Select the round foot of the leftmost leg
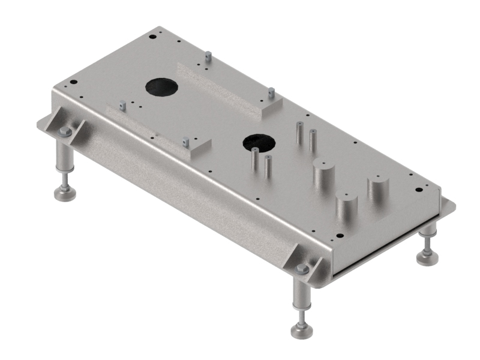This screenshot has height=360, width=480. (65, 193)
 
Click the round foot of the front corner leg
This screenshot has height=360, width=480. (301, 331)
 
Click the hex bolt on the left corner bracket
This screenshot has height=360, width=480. (65, 131)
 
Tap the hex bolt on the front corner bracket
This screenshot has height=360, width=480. (302, 269)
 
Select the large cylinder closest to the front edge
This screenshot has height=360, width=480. (346, 208)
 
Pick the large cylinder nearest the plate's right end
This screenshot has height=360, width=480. (379, 190)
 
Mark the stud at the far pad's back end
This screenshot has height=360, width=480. (208, 57)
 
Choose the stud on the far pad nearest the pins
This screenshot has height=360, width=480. (271, 94)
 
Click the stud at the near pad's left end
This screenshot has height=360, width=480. (122, 105)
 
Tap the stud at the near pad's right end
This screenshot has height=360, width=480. (185, 142)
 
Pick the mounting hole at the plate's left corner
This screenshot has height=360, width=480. (73, 82)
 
